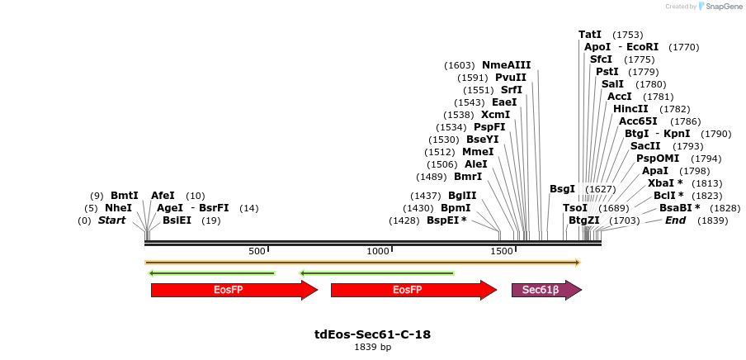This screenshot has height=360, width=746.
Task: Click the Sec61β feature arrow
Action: (545, 290)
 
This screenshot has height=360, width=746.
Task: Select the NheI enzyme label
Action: (118, 208)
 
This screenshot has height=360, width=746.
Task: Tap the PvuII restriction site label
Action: (511, 78)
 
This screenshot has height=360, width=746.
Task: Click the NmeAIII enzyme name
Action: (507, 65)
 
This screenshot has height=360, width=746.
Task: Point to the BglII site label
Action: (462, 196)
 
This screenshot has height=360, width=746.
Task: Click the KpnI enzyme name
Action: (677, 134)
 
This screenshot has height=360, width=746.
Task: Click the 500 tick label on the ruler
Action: (257, 250)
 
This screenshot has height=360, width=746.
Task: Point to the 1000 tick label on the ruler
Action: (378, 250)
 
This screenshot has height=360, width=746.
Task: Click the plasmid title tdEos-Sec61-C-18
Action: (372, 334)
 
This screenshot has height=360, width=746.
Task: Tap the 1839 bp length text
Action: (372, 348)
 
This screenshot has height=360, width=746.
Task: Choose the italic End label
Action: (675, 220)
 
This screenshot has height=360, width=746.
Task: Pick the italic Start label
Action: (111, 220)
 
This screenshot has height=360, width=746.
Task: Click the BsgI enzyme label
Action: (562, 189)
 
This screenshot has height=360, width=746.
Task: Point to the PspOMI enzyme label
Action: (658, 159)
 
